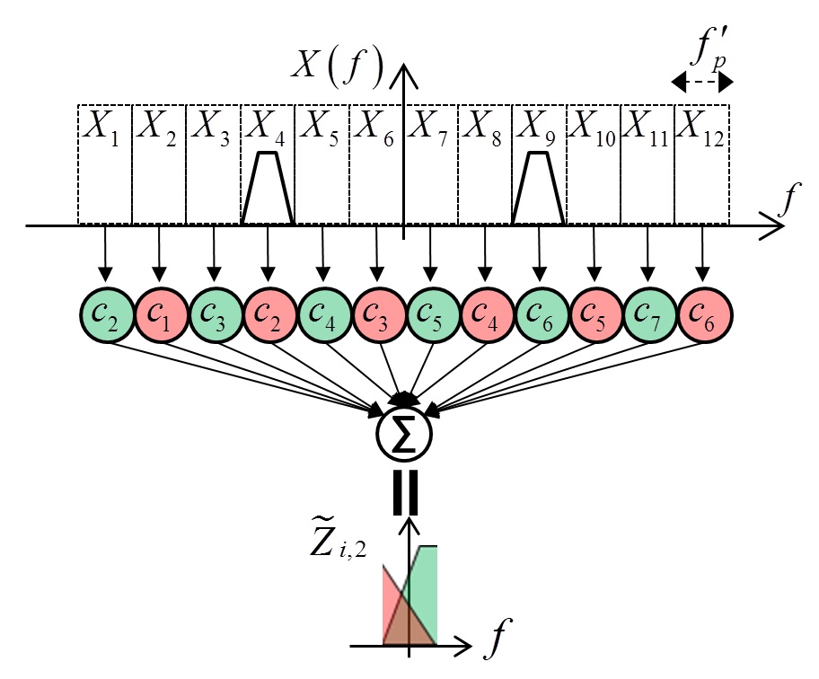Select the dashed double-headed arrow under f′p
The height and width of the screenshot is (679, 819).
703,83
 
